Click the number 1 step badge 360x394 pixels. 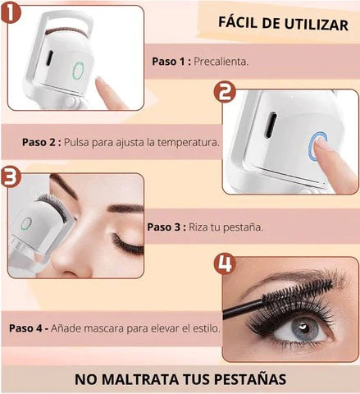click(x=11, y=12)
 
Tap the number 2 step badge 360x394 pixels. click(x=225, y=93)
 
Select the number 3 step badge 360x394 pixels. click(x=11, y=177)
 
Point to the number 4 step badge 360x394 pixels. click(x=225, y=264)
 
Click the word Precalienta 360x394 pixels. click(x=221, y=62)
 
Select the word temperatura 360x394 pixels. click(x=189, y=142)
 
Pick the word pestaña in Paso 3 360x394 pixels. click(x=243, y=227)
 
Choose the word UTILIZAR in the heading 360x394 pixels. click(x=317, y=25)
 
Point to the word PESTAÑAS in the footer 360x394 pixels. click(x=250, y=379)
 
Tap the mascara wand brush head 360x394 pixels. click(x=298, y=294)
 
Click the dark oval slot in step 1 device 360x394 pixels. click(x=49, y=58)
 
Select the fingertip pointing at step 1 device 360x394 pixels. click(x=100, y=81)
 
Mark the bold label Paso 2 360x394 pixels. click(x=42, y=142)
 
